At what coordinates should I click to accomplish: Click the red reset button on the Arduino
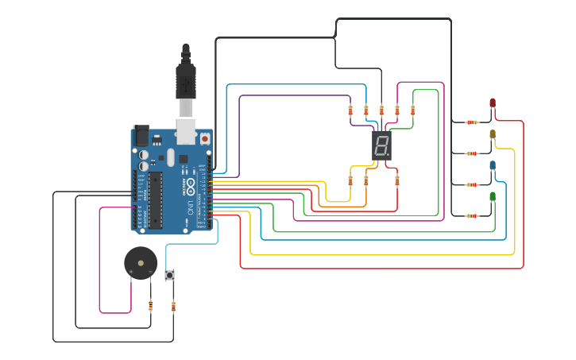coord(205,139)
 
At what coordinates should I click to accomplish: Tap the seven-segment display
coord(381,145)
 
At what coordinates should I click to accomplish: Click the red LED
coord(493,103)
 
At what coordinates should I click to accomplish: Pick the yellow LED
coord(493,134)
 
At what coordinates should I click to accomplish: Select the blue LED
coord(493,165)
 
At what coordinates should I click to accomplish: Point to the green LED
coord(493,195)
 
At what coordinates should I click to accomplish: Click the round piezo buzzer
coord(141,262)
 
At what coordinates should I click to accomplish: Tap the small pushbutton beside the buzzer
coord(170,275)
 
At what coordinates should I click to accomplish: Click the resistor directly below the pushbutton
coord(173,307)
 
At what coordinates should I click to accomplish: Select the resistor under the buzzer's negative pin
coord(151,305)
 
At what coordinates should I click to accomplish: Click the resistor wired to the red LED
coord(472,122)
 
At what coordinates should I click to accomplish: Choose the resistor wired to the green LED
coord(472,215)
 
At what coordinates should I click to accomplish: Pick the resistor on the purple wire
coord(350,110)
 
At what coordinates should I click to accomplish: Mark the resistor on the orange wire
coord(365,180)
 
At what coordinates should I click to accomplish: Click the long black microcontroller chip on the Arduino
coord(156,199)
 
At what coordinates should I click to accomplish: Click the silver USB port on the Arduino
coord(186,130)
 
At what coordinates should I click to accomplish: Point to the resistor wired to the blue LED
coord(472,184)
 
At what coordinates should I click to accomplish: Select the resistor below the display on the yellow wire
coord(350,180)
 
